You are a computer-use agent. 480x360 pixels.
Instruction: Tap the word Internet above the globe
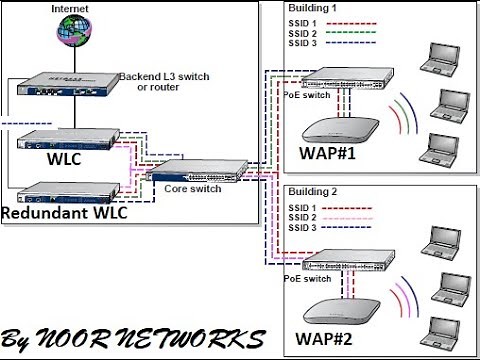point(70,8)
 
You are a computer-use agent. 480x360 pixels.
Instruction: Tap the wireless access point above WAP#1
point(339,126)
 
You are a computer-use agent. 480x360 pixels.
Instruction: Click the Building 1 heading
point(314,9)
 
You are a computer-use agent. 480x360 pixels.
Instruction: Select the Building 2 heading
point(314,190)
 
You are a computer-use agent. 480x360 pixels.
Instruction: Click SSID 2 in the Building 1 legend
point(302,33)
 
